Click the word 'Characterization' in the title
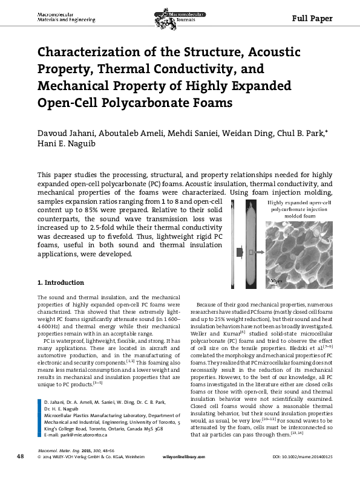pos(100,52)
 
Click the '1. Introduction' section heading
pos(61,282)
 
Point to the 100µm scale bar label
pos(275,281)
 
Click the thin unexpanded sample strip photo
pos(237,247)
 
